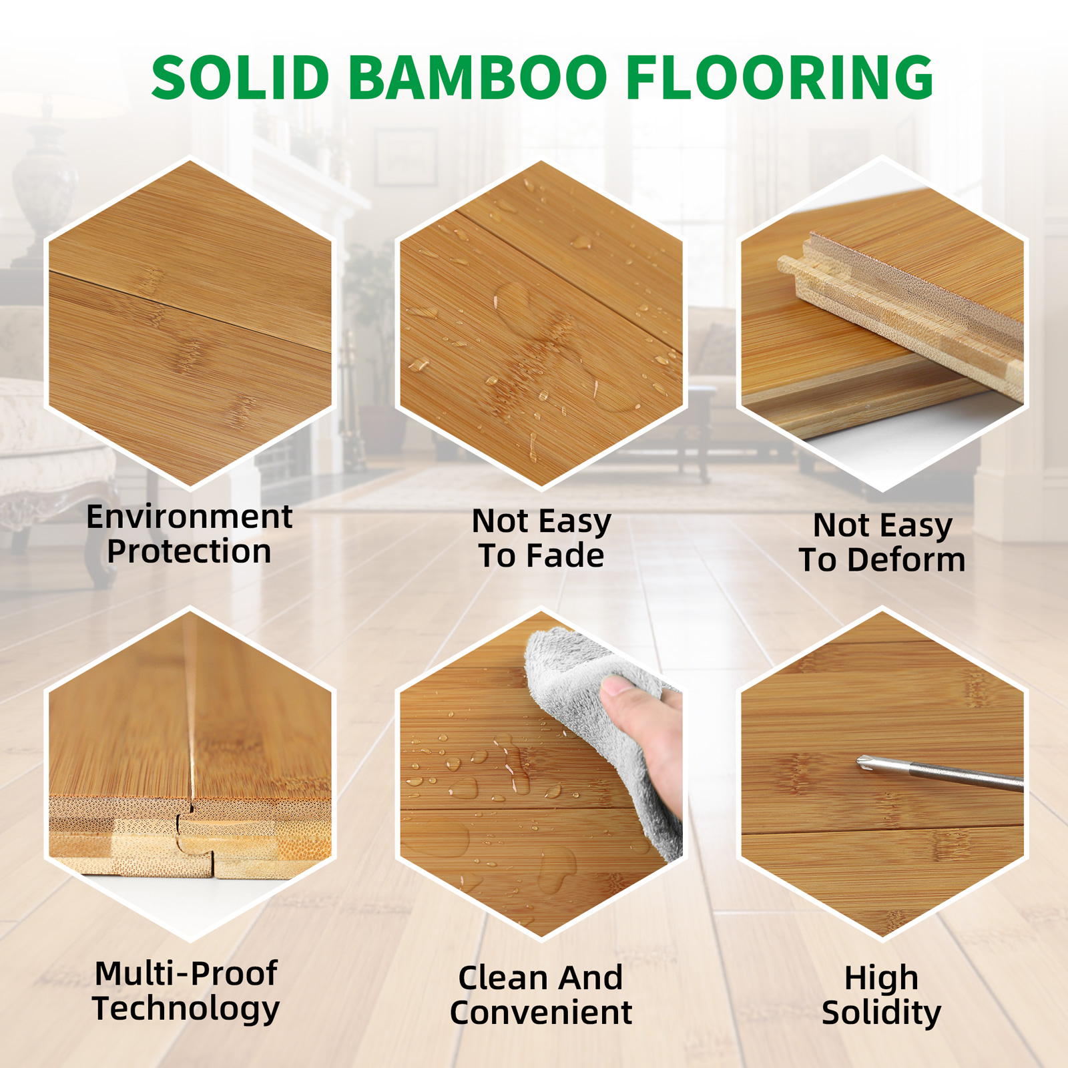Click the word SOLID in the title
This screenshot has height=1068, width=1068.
tap(240, 77)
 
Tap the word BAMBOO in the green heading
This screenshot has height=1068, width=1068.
tap(477, 77)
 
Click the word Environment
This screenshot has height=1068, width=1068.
tap(190, 517)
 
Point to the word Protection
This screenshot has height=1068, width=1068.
tap(189, 552)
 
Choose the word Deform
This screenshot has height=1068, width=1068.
tap(906, 559)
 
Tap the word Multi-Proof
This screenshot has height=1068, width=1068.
tap(186, 973)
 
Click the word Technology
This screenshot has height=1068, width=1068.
tap(186, 1009)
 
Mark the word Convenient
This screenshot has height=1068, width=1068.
tap(541, 1013)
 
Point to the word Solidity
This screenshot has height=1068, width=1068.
tap(881, 1013)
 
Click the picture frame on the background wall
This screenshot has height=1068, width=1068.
tap(405, 158)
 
